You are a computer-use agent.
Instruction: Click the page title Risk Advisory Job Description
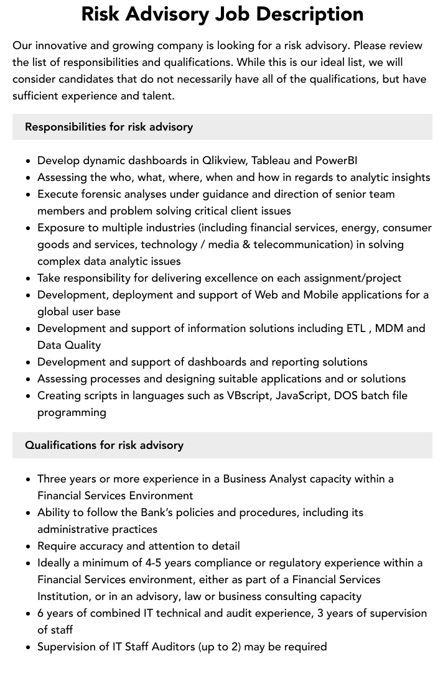(x=222, y=14)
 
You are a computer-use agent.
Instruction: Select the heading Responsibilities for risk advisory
(x=109, y=127)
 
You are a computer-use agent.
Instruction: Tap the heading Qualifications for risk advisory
(x=104, y=445)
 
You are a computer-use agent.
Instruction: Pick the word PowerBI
(x=336, y=160)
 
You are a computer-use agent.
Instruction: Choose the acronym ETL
(x=356, y=328)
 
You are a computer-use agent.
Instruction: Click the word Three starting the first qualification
(x=54, y=479)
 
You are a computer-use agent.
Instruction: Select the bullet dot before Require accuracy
(x=29, y=547)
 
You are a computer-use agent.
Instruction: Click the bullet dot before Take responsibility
(x=29, y=279)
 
